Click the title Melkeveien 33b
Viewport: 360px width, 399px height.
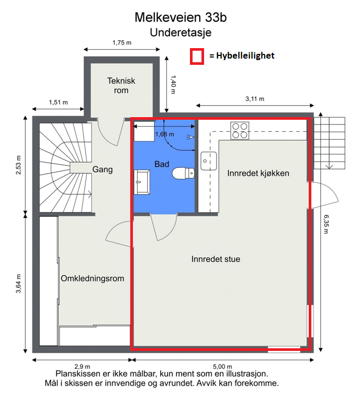click(x=181, y=17)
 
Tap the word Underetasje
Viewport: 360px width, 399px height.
click(x=181, y=32)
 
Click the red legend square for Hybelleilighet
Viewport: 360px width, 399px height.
click(x=197, y=56)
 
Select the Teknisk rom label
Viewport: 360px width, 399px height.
click(x=121, y=85)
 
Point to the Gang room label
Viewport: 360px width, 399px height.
click(x=103, y=169)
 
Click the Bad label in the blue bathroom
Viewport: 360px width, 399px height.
click(x=162, y=164)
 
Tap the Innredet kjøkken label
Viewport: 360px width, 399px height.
click(x=258, y=173)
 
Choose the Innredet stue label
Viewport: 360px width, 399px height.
click(x=216, y=258)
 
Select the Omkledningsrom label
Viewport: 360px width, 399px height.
click(x=93, y=278)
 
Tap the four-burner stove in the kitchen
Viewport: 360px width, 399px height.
click(x=240, y=130)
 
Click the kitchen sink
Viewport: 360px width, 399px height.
click(x=208, y=161)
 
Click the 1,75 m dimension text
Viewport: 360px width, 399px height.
click(x=122, y=43)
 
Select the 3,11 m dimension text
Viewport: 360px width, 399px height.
click(x=255, y=99)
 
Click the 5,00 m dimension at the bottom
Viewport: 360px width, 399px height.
click(x=222, y=366)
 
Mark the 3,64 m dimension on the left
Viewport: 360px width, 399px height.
click(x=19, y=284)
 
